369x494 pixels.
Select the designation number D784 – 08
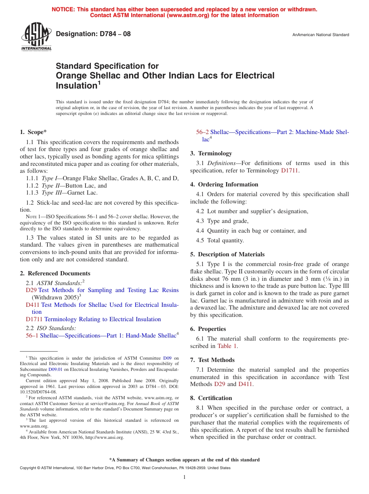(93, 34)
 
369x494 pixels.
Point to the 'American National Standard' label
(320, 35)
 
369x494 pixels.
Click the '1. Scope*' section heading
(33, 132)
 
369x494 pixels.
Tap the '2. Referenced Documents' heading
(55, 273)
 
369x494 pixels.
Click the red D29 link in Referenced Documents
(31, 290)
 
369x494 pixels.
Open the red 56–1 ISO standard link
(32, 336)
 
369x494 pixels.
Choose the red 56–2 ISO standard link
(202, 132)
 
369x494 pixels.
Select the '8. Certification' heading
(211, 398)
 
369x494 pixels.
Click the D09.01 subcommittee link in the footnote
(55, 370)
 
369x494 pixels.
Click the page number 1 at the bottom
(184, 477)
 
